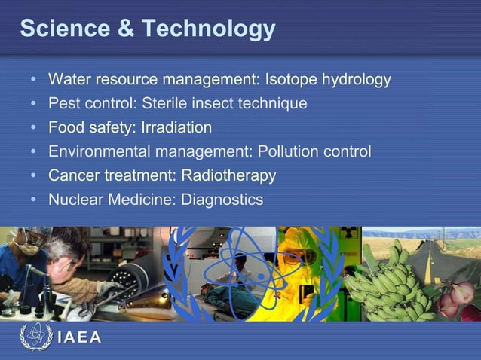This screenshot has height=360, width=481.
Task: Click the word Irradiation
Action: [176, 127]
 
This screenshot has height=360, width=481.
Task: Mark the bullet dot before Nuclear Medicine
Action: [34, 200]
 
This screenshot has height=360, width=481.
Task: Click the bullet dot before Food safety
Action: [34, 128]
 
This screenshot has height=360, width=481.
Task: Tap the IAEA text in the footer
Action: [79, 337]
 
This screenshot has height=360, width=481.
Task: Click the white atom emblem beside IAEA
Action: [35, 336]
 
